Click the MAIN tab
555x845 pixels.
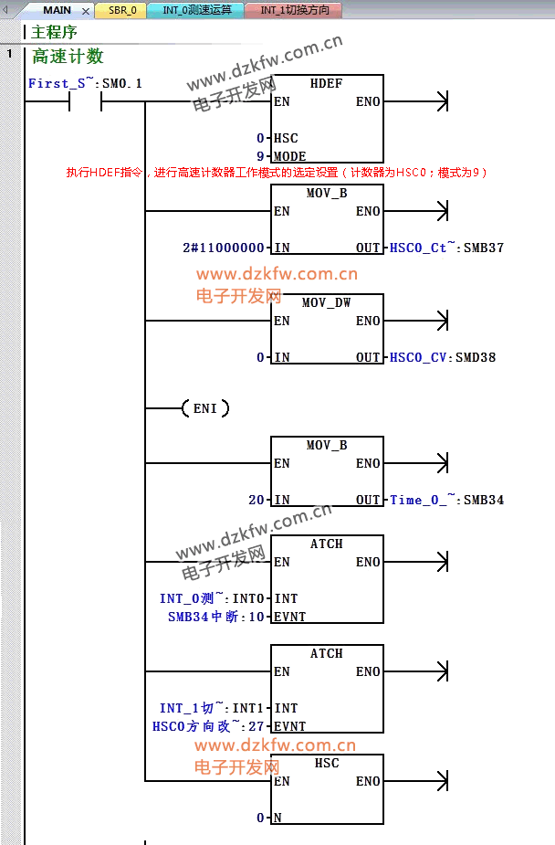pyautogui.click(x=57, y=10)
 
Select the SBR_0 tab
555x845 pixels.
pyautogui.click(x=122, y=10)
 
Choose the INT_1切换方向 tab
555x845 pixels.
pyautogui.click(x=294, y=10)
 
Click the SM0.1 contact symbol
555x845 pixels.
pyautogui.click(x=85, y=102)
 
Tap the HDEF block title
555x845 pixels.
pyautogui.click(x=326, y=83)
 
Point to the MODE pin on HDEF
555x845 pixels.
pyautogui.click(x=290, y=156)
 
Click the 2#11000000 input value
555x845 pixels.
pyautogui.click(x=225, y=248)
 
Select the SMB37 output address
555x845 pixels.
pyautogui.click(x=484, y=248)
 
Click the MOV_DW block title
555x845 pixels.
pyautogui.click(x=327, y=302)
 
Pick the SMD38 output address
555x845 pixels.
pyautogui.click(x=475, y=357)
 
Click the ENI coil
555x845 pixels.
pyautogui.click(x=205, y=408)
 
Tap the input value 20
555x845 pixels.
pyautogui.click(x=257, y=500)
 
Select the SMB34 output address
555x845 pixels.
pyautogui.click(x=484, y=500)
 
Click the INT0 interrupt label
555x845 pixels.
pyautogui.click(x=250, y=598)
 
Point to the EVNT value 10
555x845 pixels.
pyautogui.click(x=257, y=617)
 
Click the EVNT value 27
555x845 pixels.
pyautogui.click(x=257, y=726)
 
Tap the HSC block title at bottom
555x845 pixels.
pyautogui.click(x=327, y=763)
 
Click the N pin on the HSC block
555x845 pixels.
pyautogui.click(x=277, y=818)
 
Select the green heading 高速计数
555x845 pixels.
pyautogui.click(x=68, y=57)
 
